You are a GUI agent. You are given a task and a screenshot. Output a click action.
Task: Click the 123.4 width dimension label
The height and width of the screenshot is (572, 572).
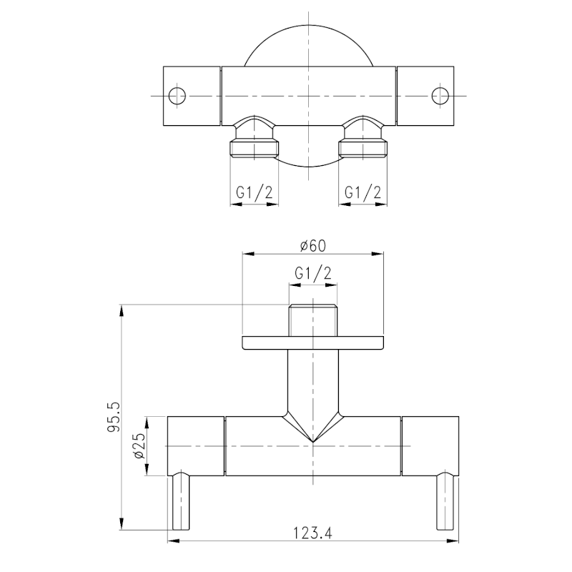point(312,533)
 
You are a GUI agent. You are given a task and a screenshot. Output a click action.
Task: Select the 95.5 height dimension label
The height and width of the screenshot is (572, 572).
point(114,418)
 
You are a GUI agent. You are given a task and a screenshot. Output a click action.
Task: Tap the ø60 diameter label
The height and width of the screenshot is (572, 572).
point(313,246)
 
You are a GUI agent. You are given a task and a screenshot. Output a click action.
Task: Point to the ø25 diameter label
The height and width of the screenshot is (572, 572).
point(139,445)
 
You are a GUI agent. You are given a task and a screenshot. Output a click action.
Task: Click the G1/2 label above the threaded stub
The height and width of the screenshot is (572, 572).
point(313,273)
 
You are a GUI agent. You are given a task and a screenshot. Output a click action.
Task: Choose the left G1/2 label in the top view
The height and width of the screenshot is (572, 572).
point(255,192)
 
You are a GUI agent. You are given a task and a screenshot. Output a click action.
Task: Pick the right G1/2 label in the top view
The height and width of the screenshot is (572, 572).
point(363,192)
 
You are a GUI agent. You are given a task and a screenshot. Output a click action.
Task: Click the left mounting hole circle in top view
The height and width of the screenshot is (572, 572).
point(177,96)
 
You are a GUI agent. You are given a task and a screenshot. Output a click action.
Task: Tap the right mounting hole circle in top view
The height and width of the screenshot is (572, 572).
point(440,96)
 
